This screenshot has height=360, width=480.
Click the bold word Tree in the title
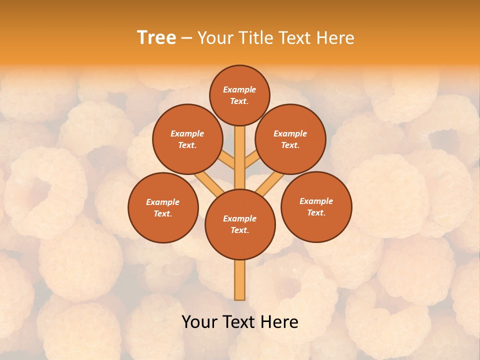click(x=156, y=38)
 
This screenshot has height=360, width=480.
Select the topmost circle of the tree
click(x=239, y=95)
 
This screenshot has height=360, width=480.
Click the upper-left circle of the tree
click(x=187, y=139)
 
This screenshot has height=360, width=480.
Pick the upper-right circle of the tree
click(x=290, y=139)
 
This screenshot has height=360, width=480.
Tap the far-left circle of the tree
click(x=163, y=207)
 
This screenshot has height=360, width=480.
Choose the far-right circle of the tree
click(x=316, y=206)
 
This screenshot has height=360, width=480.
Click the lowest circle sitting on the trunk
click(x=240, y=224)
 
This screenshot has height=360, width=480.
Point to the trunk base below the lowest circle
click(x=240, y=280)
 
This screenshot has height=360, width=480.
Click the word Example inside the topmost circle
click(x=239, y=89)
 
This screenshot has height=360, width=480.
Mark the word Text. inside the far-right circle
click(x=316, y=212)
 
